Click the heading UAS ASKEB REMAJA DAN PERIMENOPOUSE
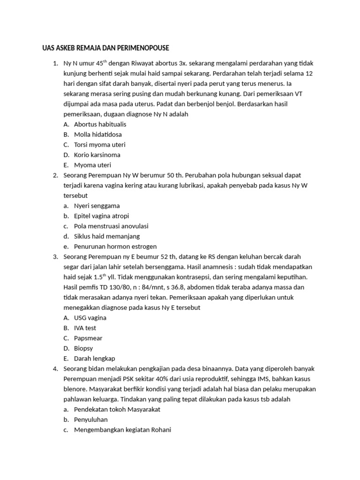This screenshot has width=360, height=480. pyautogui.click(x=103, y=48)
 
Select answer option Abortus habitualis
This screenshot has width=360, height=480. pyautogui.click(x=100, y=124)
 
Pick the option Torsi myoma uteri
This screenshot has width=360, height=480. pyautogui.click(x=99, y=145)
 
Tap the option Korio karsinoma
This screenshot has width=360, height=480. pyautogui.click(x=97, y=155)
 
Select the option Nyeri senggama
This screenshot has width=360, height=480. pyautogui.click(x=97, y=206)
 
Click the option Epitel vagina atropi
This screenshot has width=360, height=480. pyautogui.click(x=101, y=216)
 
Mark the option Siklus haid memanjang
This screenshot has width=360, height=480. pyautogui.click(x=106, y=236)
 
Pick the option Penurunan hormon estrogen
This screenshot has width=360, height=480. pyautogui.click(x=115, y=247)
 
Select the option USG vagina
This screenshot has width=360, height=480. pyautogui.click(x=90, y=318)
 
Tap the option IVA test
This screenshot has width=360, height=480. pyautogui.click(x=85, y=328)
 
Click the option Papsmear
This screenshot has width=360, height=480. pyautogui.click(x=88, y=338)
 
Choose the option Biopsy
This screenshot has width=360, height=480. pyautogui.click(x=83, y=348)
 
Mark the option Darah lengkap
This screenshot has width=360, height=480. pyautogui.click(x=94, y=359)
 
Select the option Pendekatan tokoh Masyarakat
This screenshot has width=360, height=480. pyautogui.click(x=117, y=409)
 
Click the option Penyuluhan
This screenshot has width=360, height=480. pyautogui.click(x=91, y=420)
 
